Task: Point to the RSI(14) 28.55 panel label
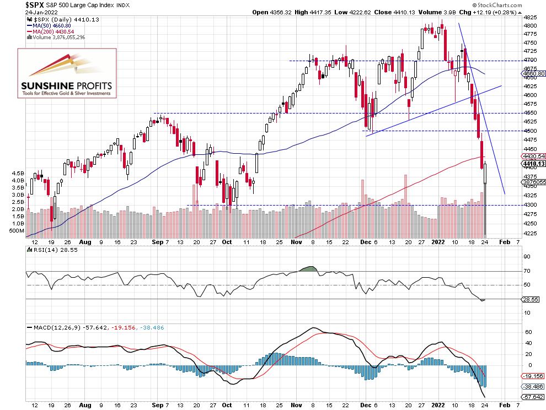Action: tap(50, 250)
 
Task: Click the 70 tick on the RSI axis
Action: tap(527, 271)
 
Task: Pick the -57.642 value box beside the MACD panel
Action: tap(533, 397)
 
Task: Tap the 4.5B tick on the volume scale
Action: tap(18, 173)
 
